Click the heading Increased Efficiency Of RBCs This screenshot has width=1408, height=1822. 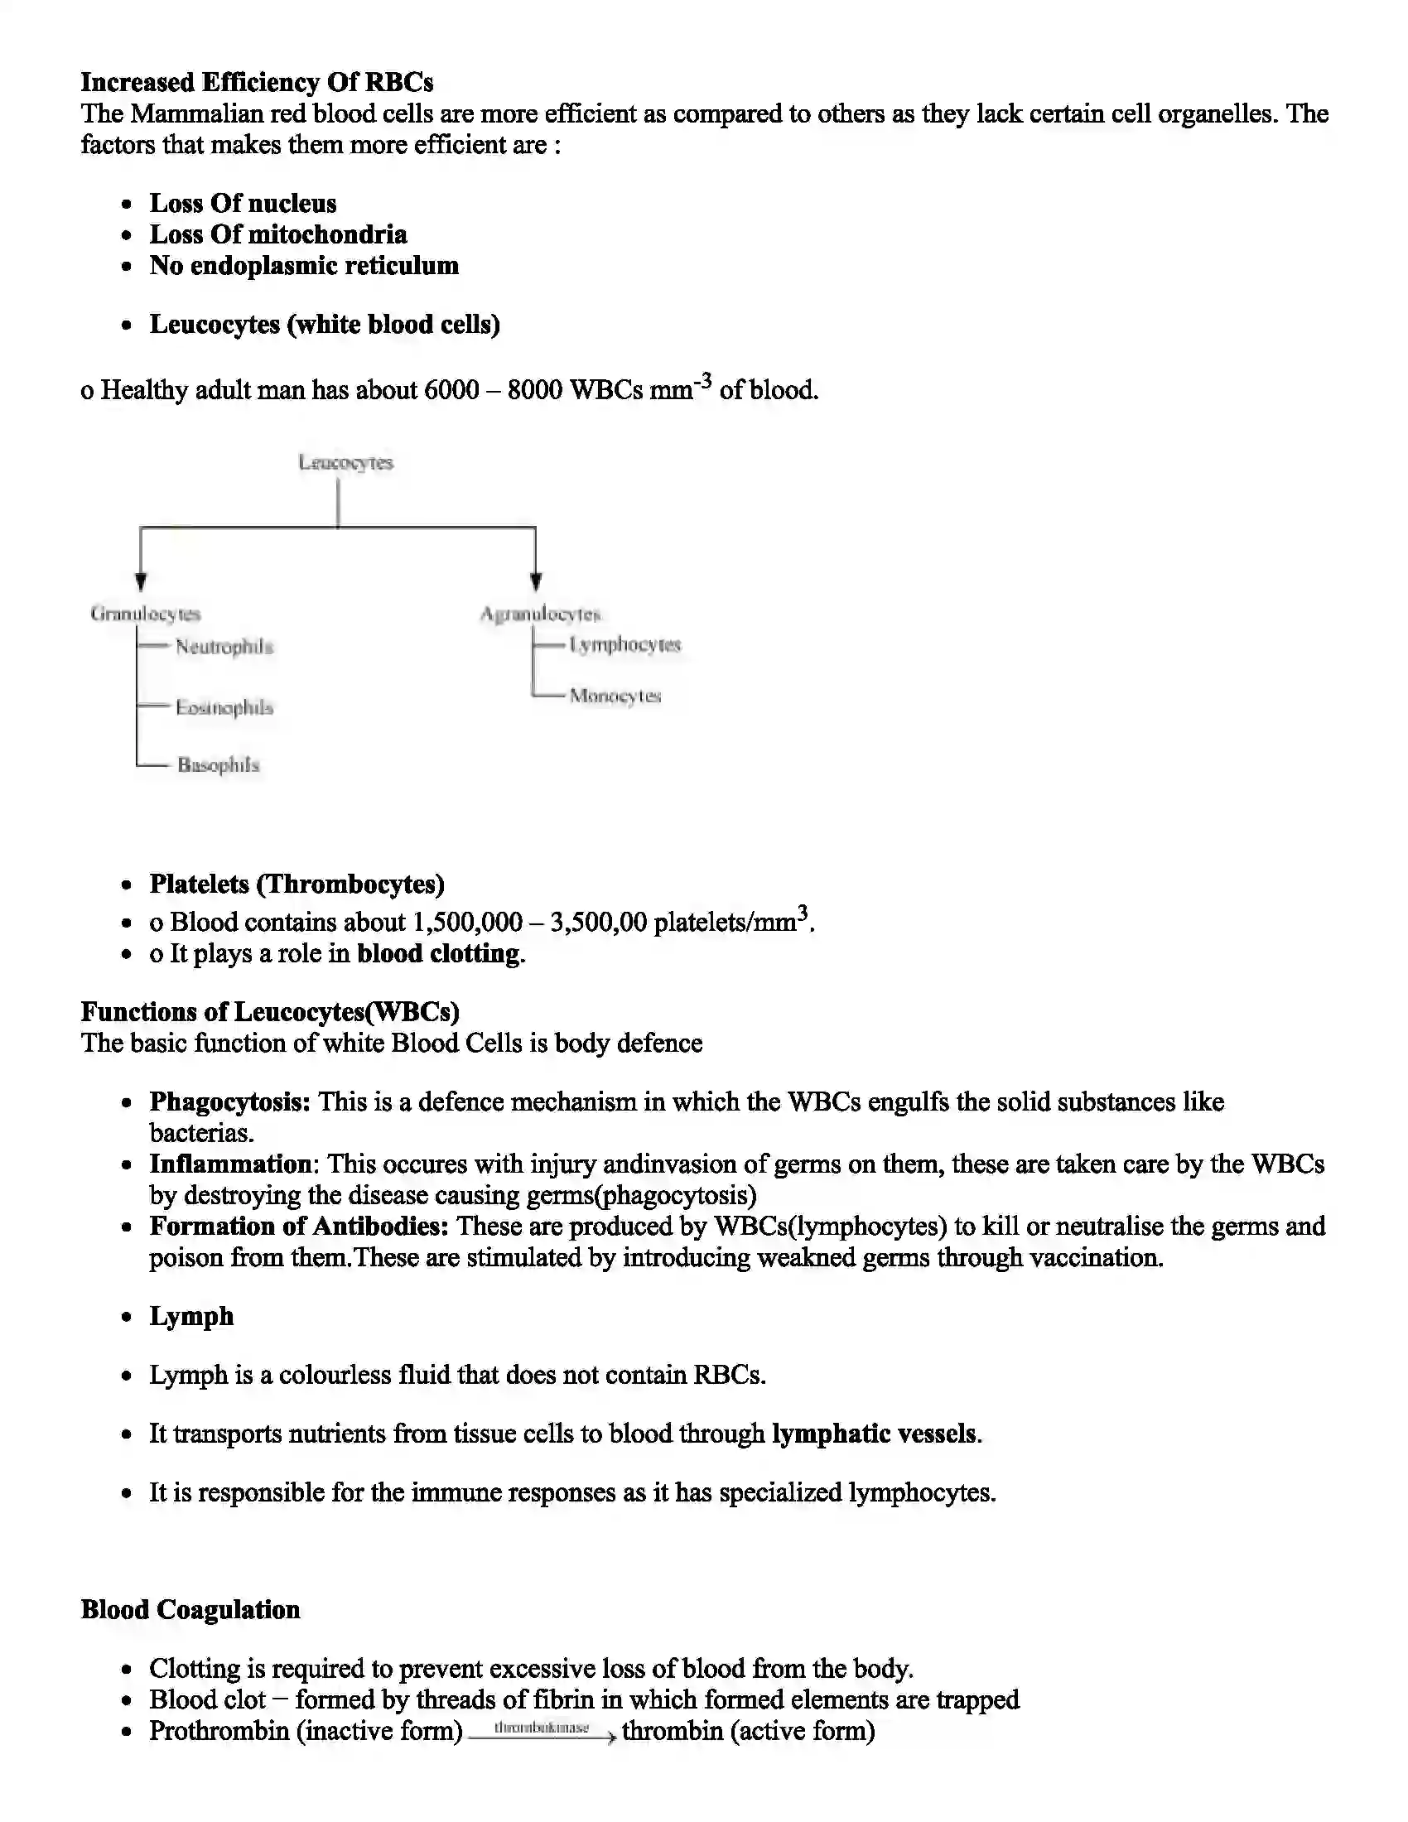pos(257,83)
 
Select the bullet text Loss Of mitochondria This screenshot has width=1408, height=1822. pos(277,234)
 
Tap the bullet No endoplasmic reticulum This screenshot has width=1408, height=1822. pos(304,266)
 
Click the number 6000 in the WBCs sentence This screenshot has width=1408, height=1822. pos(451,389)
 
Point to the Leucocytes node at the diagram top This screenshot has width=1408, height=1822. pos(345,462)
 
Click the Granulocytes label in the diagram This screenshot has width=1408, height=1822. pos(145,614)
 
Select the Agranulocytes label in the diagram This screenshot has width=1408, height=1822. pos(540,614)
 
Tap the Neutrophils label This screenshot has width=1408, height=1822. pos(224,647)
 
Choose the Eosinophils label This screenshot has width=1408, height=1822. pos(224,707)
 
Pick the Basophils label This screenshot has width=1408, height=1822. pos(218,765)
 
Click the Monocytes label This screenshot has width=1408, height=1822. pos(615,696)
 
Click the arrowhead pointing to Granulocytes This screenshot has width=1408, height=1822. pos(141,581)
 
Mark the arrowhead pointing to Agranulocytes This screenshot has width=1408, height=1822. pos(536,581)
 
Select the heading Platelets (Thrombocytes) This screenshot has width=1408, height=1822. pos(297,884)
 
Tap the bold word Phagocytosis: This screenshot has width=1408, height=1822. pos(229,1102)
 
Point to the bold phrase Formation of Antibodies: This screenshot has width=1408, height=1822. pos(299,1227)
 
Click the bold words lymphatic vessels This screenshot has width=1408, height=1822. pos(874,1434)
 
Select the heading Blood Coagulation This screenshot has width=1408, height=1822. pos(190,1610)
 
